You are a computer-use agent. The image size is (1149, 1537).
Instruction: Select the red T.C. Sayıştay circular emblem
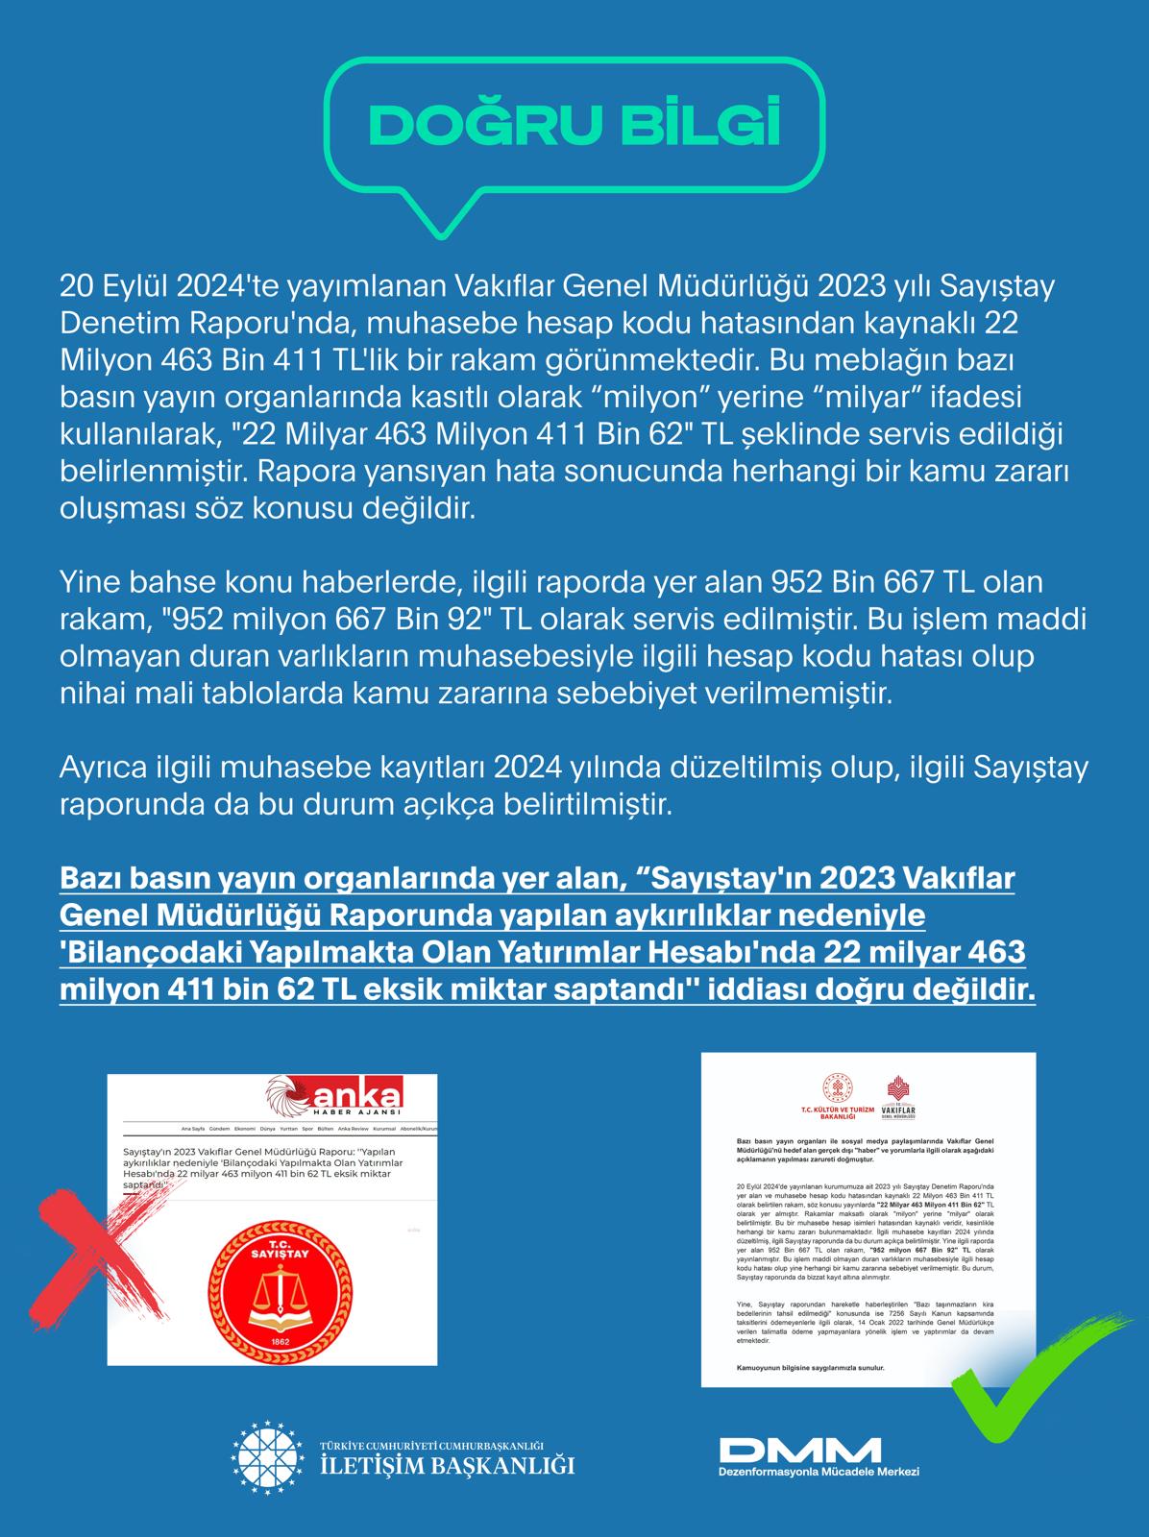click(272, 1277)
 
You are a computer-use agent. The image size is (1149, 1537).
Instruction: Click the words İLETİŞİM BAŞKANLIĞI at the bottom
click(447, 1467)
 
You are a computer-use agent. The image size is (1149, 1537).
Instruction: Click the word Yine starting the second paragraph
click(90, 581)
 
